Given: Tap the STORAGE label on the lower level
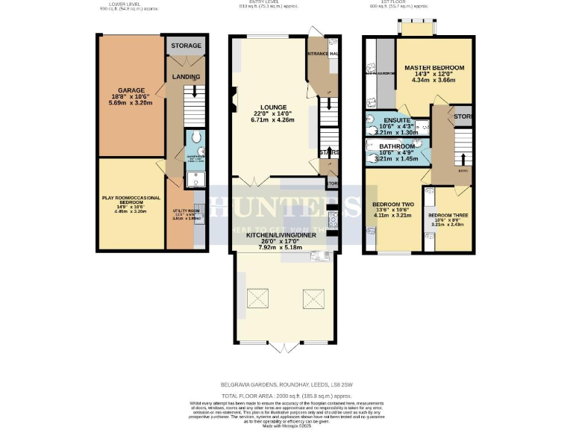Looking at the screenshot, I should pyautogui.click(x=186, y=46).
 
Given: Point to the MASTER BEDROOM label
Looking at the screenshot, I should pyautogui.click(x=434, y=68).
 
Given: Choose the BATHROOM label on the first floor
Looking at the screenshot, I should pyautogui.click(x=396, y=147).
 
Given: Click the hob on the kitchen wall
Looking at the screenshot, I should pyautogui.click(x=332, y=218).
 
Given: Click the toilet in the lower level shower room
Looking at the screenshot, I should pyautogui.click(x=195, y=139).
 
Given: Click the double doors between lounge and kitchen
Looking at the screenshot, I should pyautogui.click(x=253, y=181).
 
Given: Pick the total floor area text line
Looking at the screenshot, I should pyautogui.click(x=286, y=395).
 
